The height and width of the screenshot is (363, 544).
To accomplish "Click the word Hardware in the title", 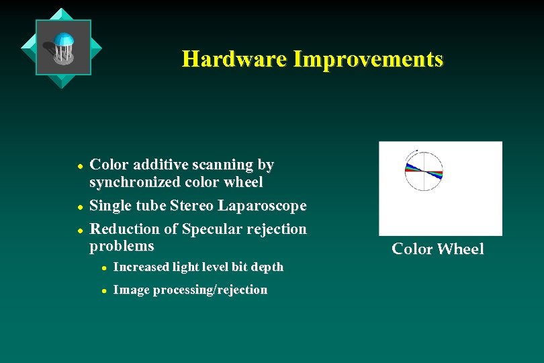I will [x=234, y=59].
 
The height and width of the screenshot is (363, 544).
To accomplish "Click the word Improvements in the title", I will [x=367, y=59].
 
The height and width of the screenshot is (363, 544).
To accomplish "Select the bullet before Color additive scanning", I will [x=79, y=165].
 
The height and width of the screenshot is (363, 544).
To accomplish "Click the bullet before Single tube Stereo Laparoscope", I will [x=79, y=206].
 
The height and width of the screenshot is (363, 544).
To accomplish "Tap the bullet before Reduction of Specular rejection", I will [x=79, y=230].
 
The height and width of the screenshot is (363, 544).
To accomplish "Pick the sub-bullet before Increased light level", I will [x=104, y=268].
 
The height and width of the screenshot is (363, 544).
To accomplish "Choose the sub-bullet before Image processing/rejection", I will [x=104, y=290].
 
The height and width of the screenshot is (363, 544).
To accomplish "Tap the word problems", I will [x=122, y=246].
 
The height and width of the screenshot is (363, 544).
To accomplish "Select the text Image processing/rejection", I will [x=190, y=290].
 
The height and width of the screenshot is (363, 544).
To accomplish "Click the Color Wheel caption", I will [x=437, y=249].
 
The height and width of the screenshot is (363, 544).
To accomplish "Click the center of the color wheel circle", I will [x=423, y=171].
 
